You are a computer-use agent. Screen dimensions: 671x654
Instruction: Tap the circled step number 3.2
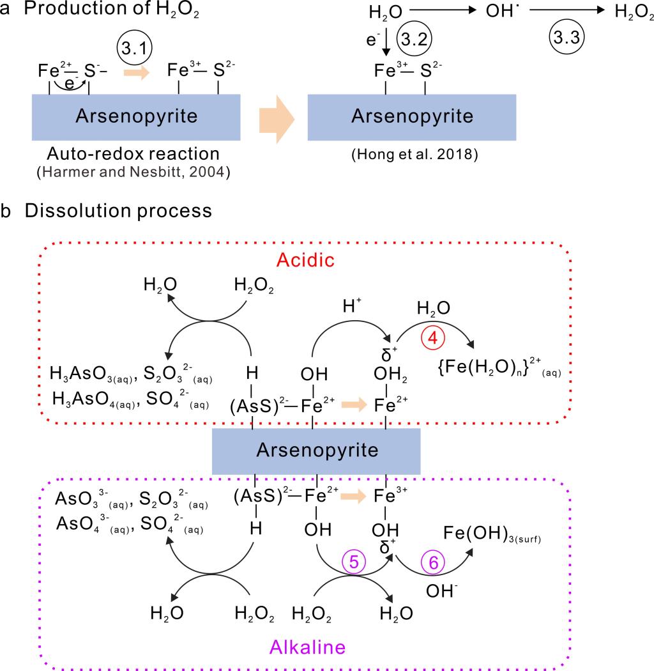(413, 38)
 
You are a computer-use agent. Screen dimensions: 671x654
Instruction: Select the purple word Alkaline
(307, 647)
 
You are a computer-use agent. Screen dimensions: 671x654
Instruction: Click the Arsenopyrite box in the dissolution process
(316, 451)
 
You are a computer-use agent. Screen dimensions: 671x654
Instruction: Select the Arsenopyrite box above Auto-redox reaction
(136, 117)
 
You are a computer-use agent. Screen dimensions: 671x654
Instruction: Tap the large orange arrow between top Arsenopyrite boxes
(276, 118)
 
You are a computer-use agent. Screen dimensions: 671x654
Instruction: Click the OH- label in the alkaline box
(439, 591)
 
